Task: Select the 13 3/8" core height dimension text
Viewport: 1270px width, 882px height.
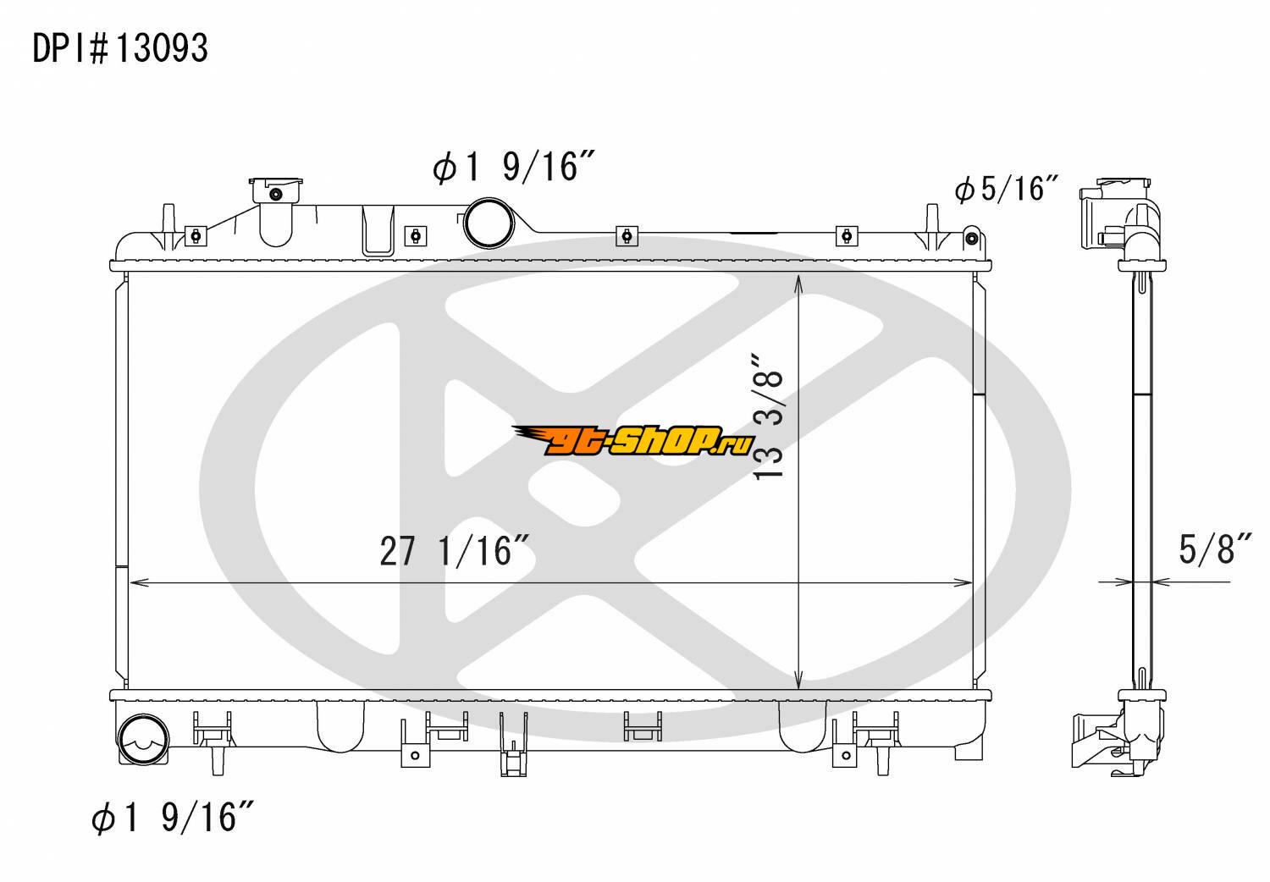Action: tap(768, 417)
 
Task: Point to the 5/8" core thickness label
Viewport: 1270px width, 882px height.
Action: tap(1215, 548)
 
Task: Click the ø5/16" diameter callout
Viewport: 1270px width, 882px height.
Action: tap(1007, 189)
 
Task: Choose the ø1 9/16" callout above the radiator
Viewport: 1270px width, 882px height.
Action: tap(513, 167)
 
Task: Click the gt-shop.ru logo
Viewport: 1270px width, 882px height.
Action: tap(633, 440)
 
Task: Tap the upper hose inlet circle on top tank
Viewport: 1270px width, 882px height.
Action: tap(489, 223)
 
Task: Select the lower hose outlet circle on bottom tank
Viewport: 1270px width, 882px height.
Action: tap(142, 739)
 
